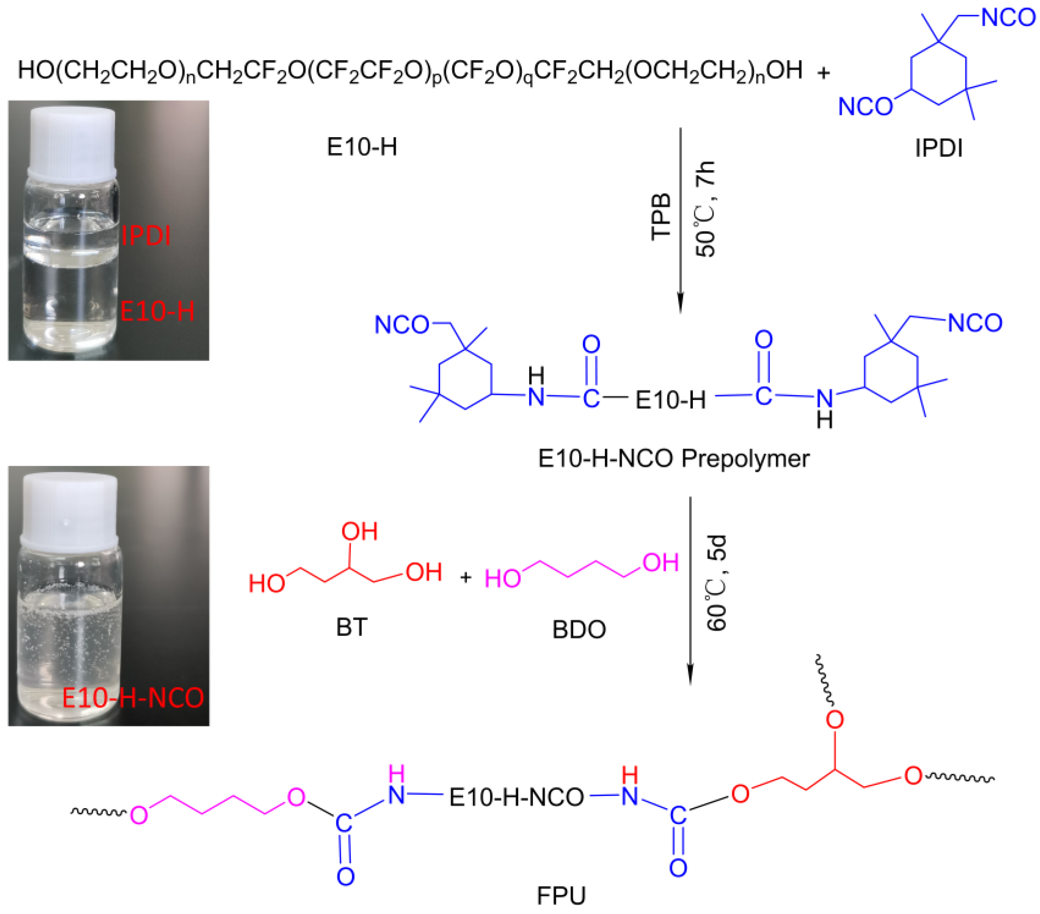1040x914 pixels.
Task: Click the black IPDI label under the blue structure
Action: [938, 148]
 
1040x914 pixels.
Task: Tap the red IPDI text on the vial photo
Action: [146, 236]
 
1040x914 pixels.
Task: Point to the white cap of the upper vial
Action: [72, 138]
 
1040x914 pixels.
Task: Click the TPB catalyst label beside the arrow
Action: [661, 217]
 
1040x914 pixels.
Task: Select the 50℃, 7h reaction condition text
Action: [705, 208]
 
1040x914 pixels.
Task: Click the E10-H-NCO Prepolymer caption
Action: [674, 458]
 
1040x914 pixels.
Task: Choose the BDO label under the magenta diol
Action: [579, 629]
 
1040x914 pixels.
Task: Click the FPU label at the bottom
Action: [561, 895]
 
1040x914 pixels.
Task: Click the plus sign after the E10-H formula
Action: [823, 73]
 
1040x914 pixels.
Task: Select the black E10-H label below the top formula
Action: [362, 147]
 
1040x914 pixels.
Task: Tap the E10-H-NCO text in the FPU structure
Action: [516, 797]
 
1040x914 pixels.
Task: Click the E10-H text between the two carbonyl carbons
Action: [671, 400]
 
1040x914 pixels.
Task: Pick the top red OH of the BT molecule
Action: [359, 531]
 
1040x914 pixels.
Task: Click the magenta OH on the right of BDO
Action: [660, 562]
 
